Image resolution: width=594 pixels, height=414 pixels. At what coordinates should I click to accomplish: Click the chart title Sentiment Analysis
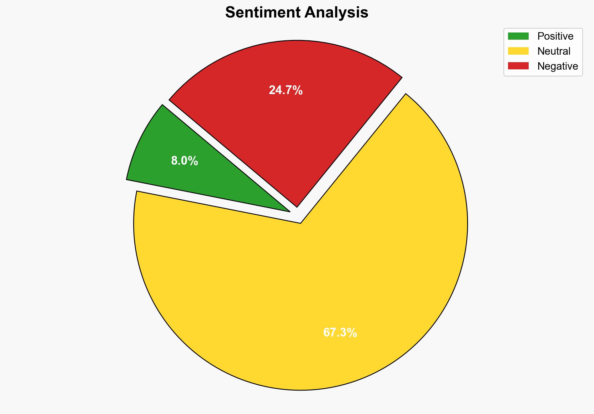(297, 13)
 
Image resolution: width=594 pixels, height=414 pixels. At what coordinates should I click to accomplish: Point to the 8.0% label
(184, 161)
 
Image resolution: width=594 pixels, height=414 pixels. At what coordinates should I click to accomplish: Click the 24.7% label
(286, 90)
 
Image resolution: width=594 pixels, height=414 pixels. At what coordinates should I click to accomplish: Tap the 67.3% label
(340, 333)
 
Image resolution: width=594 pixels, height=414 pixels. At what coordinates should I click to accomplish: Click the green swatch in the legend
(518, 36)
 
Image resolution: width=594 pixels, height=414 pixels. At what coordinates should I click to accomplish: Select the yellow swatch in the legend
(518, 51)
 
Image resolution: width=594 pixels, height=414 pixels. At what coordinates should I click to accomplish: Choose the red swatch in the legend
(518, 66)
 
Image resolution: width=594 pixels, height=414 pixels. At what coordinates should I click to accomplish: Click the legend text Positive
(555, 36)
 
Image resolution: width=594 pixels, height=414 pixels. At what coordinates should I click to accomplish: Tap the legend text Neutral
(554, 51)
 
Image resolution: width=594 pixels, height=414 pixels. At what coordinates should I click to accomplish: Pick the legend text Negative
(557, 66)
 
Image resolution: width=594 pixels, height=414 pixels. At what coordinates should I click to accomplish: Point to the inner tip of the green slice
(289, 212)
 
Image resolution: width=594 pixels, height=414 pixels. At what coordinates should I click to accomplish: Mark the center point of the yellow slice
(300, 223)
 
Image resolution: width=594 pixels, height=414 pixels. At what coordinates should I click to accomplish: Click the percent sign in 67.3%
(352, 333)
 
